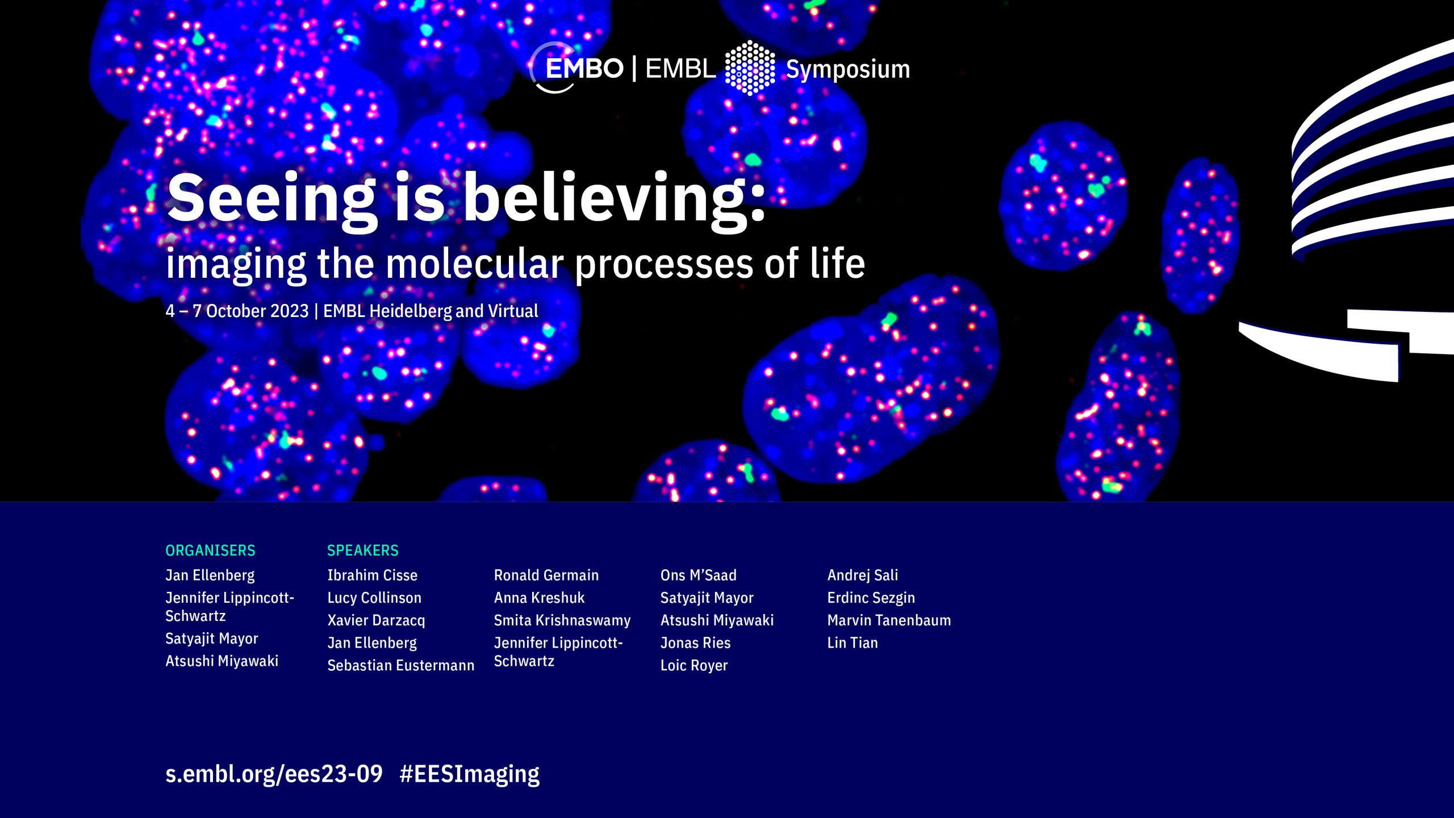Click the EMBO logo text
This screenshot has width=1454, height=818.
[584, 69]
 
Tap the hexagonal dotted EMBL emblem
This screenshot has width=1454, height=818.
[750, 68]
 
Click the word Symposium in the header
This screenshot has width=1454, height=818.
[848, 70]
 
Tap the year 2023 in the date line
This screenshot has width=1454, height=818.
[289, 311]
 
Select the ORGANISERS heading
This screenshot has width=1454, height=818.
[210, 550]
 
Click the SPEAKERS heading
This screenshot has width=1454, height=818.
[363, 550]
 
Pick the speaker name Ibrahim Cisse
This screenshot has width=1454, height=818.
[373, 575]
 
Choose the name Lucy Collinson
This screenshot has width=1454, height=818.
[374, 598]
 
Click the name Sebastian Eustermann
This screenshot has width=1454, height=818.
[401, 665]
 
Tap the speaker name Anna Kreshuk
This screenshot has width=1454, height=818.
[539, 598]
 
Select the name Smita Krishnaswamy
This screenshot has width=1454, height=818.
[562, 620]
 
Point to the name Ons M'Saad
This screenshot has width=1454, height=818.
[698, 575]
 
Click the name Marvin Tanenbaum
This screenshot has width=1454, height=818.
[889, 620]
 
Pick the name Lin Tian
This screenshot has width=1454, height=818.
[853, 642]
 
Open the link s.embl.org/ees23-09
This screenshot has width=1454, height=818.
[274, 774]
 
